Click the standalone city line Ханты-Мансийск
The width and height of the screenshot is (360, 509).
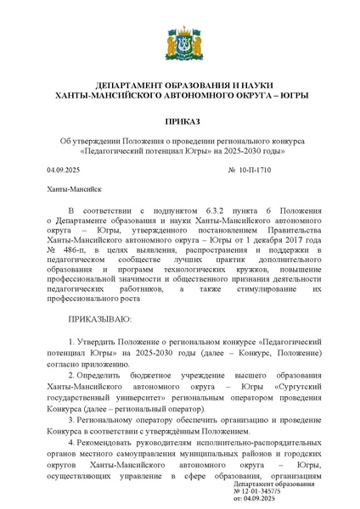point(75,190)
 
